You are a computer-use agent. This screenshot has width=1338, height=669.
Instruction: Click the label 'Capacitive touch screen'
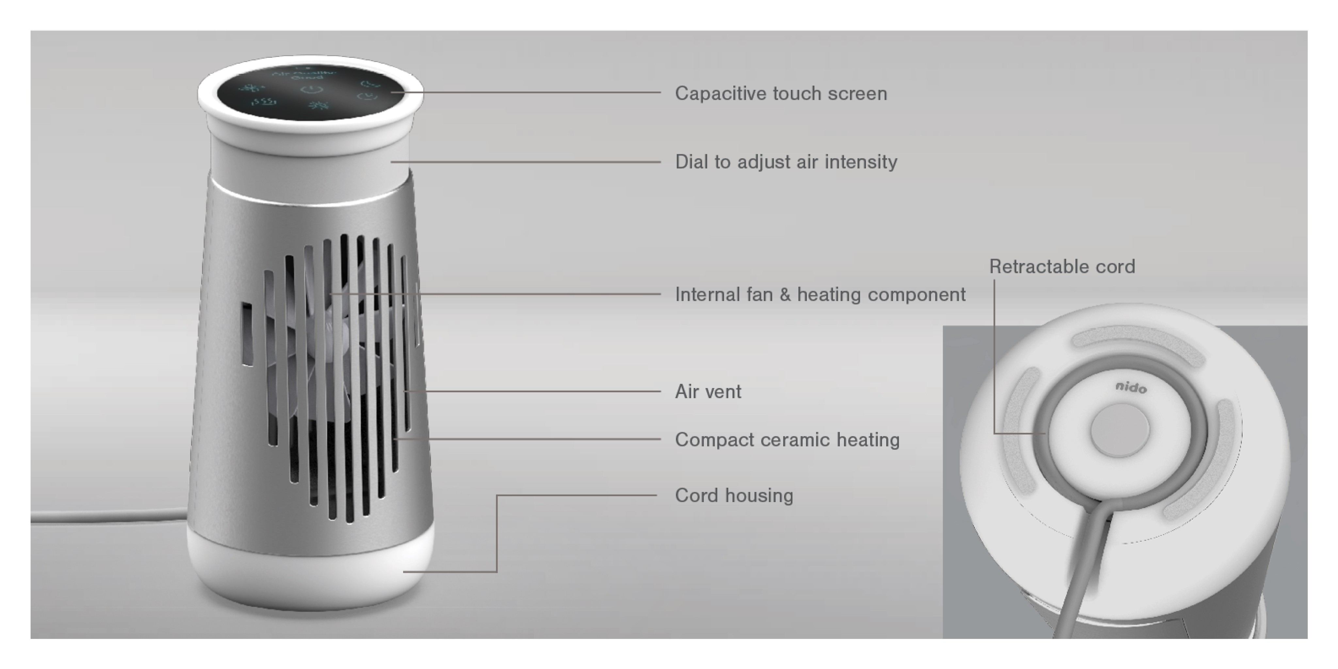point(781,93)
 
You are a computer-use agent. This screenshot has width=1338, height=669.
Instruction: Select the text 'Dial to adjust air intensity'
point(786,162)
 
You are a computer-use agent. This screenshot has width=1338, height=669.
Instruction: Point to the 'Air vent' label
point(708,392)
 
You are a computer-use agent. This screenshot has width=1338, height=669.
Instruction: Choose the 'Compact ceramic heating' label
point(787,440)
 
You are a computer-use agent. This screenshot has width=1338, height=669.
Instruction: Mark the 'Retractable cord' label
point(1062,267)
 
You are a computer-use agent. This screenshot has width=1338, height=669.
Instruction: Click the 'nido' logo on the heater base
point(1131,387)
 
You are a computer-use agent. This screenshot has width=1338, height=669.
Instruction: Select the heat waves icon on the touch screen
point(264,101)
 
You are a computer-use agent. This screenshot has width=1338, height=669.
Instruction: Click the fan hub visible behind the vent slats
point(333,333)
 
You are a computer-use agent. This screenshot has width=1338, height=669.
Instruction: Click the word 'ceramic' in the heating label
point(795,440)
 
